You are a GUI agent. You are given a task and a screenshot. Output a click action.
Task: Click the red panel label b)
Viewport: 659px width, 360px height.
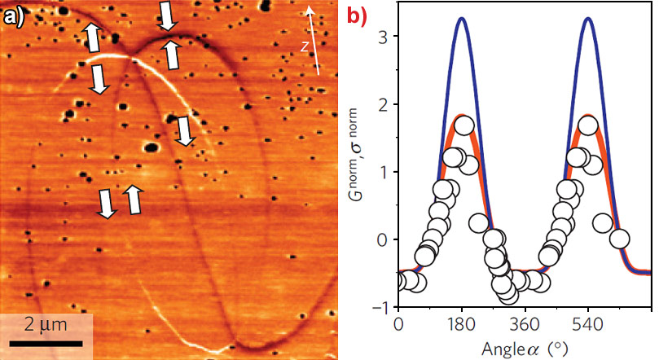click(359, 15)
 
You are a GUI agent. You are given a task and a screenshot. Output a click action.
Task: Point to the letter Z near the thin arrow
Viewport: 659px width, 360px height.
click(304, 46)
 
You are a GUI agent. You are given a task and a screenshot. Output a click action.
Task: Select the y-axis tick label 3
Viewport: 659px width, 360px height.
click(381, 37)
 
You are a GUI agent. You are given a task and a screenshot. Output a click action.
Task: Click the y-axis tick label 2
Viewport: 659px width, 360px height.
click(381, 105)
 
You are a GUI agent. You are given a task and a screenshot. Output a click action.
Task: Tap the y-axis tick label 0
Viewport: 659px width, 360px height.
click(381, 240)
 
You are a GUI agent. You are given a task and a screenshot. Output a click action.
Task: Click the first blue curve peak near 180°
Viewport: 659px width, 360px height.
click(462, 18)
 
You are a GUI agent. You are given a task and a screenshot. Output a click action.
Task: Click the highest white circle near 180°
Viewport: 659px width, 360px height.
click(464, 126)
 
